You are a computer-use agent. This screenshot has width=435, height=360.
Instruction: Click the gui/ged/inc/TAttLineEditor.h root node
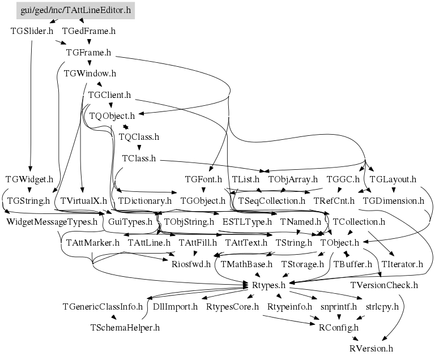[75, 10]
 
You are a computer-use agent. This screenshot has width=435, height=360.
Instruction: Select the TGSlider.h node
[32, 31]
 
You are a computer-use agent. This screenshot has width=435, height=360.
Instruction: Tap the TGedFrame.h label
[88, 31]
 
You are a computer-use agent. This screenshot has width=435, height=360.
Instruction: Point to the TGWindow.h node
[90, 74]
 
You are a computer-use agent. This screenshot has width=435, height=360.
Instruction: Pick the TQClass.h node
[139, 137]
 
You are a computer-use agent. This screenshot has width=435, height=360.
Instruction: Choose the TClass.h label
[139, 158]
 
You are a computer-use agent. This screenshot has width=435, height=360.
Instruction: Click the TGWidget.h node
[29, 179]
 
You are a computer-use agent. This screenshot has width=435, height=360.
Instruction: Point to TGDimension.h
[393, 200]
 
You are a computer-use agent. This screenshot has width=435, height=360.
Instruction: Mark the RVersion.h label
[371, 348]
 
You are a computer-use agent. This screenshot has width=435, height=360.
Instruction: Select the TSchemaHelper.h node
[125, 327]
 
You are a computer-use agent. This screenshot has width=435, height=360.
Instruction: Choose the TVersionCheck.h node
[384, 285]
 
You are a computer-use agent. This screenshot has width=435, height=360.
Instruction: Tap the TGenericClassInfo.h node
[103, 306]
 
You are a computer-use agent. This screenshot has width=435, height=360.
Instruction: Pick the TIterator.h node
[402, 264]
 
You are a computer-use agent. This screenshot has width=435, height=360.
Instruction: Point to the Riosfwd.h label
[191, 264]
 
